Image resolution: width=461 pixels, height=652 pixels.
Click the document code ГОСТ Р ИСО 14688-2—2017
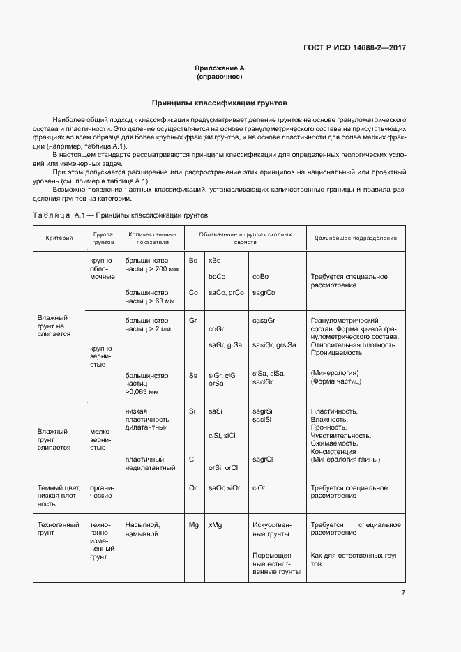pos(354,48)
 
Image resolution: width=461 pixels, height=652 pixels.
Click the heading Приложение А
pos(220,68)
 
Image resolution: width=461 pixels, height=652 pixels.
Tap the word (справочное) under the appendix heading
pos(220,77)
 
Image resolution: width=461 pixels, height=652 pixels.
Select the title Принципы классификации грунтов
pos(220,103)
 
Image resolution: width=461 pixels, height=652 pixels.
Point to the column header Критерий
pos(59,238)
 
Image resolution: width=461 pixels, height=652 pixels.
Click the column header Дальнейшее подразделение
pos(355,238)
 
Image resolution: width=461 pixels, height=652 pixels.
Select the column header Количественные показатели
pos(153,238)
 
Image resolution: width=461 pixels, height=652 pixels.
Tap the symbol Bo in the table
pos(193,260)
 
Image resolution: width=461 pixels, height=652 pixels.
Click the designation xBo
pos(215,260)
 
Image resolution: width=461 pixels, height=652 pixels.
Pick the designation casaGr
pos(264,319)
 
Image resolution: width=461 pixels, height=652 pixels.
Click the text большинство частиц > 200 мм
pos(152,264)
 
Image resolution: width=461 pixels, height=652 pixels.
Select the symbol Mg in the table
pos(194,524)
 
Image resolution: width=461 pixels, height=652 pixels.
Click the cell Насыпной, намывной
pos(143,529)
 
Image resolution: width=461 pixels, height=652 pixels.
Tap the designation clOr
pos(259,487)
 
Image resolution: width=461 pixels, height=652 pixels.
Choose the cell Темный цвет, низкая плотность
pos(59,495)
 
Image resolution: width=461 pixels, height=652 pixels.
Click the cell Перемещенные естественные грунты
pos(276,563)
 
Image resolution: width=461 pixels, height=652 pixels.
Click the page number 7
pos(403,593)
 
